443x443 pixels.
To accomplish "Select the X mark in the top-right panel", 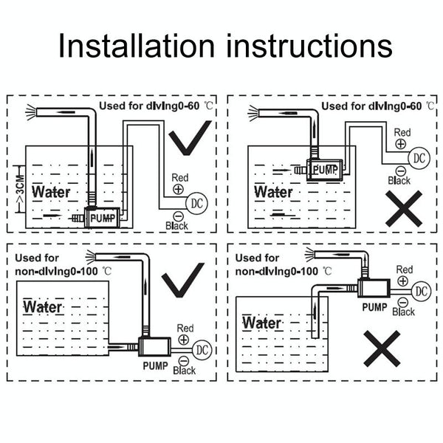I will pyautogui.click(x=403, y=209).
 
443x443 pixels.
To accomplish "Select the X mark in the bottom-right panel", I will pyautogui.click(x=382, y=348).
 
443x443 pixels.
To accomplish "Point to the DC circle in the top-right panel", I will pyautogui.click(x=419, y=157).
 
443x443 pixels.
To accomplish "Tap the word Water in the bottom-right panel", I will pyautogui.click(x=261, y=323).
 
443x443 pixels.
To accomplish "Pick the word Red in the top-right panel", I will pyautogui.click(x=402, y=133).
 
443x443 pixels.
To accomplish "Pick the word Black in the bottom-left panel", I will pyautogui.click(x=184, y=370).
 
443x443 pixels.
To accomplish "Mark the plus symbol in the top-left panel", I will pyautogui.click(x=179, y=189).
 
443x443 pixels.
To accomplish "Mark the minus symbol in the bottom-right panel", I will pyautogui.click(x=401, y=302).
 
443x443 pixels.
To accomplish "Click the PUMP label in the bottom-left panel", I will pyautogui.click(x=154, y=364).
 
